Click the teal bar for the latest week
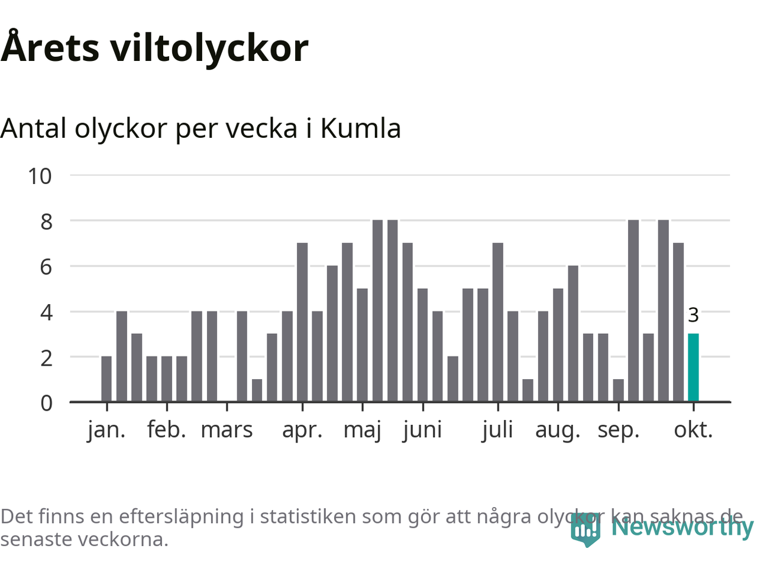point(693,367)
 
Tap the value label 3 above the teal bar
point(693,315)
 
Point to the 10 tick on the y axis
point(40,176)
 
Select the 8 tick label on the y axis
point(46,221)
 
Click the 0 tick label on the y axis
point(46,403)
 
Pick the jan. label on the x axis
point(106,430)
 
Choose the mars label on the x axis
point(227,430)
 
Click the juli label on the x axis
point(497,430)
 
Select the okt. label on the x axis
point(693,430)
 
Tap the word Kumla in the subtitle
point(360,128)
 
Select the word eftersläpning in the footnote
point(181,517)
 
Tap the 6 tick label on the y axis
point(46,267)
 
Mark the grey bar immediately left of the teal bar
point(678,322)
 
